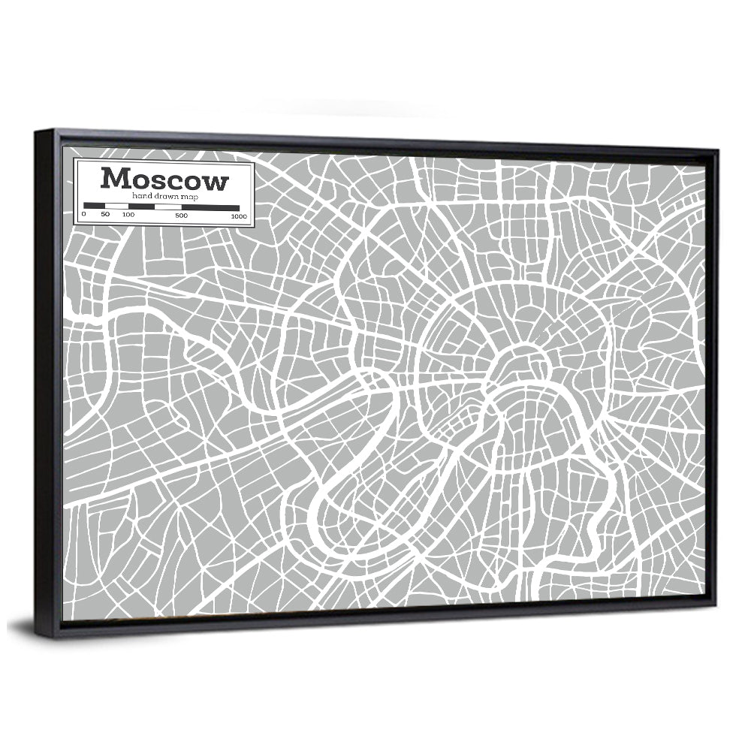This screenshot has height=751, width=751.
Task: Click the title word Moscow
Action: click(x=164, y=179)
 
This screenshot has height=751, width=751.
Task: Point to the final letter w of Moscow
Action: click(x=216, y=182)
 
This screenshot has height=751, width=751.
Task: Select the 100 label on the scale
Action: click(x=128, y=216)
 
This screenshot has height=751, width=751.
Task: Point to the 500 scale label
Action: click(x=181, y=216)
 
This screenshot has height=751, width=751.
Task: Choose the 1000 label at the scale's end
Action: click(x=239, y=216)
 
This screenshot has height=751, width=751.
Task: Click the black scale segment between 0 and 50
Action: click(x=94, y=205)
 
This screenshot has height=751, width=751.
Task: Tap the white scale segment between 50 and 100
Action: click(x=116, y=206)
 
